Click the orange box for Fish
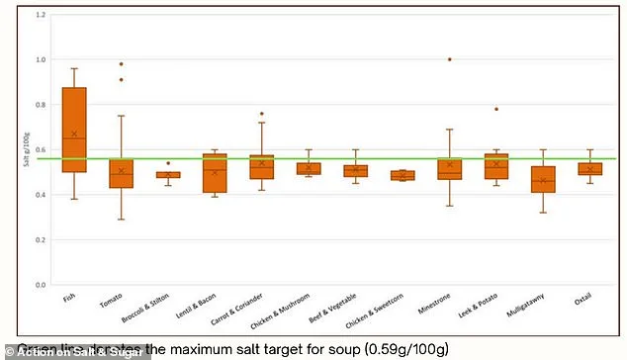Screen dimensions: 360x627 74,130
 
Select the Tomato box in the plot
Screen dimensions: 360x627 121,173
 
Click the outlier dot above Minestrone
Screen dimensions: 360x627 449,59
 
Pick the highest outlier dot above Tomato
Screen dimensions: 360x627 121,64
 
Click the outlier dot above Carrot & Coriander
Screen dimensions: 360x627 261,114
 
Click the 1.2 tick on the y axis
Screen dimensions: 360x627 41,15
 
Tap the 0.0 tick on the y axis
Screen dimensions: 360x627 41,285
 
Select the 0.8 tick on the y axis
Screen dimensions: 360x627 41,105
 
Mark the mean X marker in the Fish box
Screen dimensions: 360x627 74,134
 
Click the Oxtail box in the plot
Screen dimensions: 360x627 589,169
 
